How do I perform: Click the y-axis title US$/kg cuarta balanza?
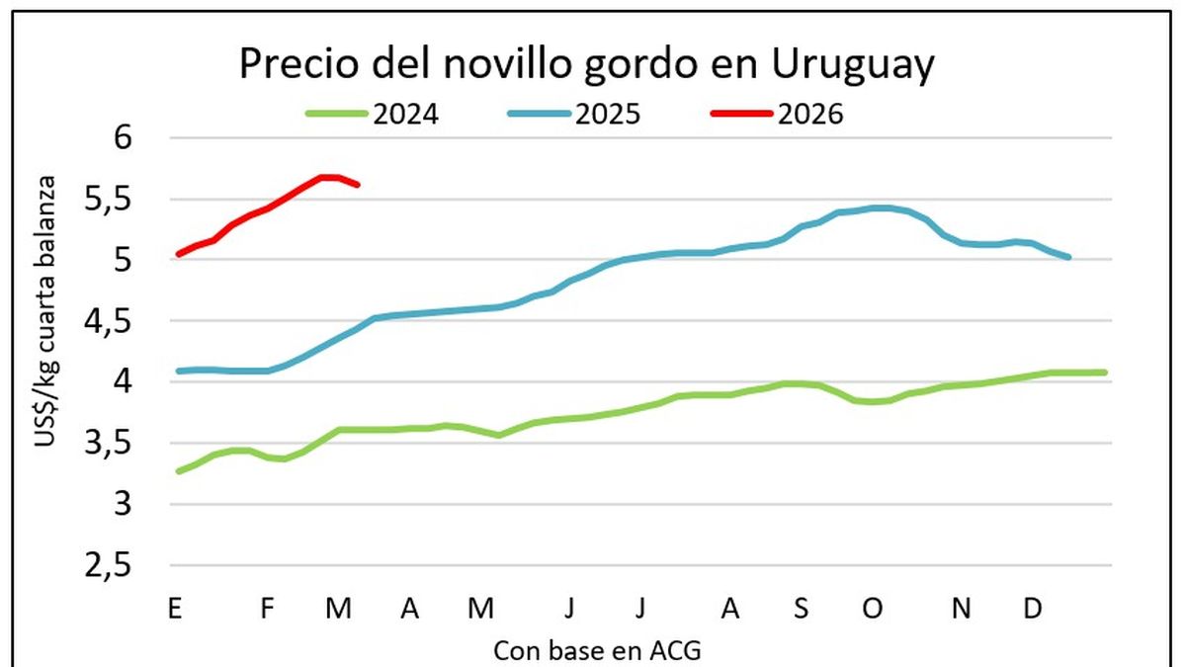point(46,312)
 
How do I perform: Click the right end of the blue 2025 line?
point(1068,257)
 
